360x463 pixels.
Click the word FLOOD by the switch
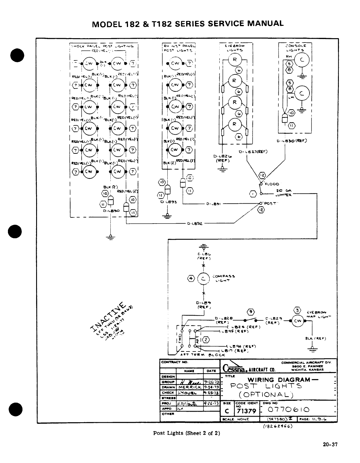coord(272,184)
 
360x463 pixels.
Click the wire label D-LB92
coord(194,224)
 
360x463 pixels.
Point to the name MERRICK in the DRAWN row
coord(189,387)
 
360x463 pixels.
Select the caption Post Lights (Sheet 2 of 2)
coord(186,433)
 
